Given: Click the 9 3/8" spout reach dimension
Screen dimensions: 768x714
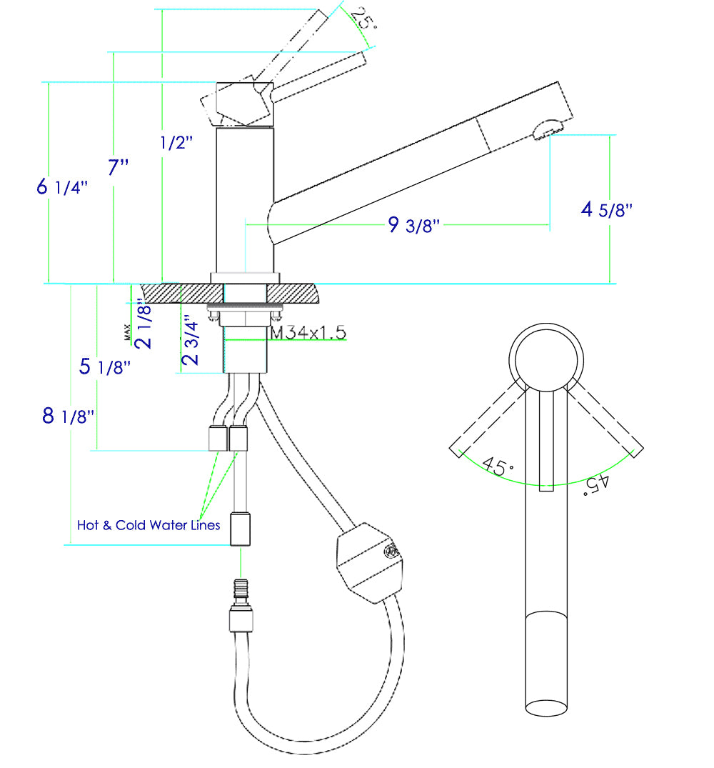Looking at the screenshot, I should click(413, 226).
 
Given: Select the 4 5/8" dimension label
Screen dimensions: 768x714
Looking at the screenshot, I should click(607, 209).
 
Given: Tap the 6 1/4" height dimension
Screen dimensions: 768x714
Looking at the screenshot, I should click(62, 187).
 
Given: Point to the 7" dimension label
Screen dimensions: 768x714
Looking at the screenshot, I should click(119, 168).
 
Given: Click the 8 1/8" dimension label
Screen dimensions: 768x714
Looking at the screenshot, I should click(69, 416).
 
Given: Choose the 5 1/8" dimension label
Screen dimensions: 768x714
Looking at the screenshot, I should click(105, 367).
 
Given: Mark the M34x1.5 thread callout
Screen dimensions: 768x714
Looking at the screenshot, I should click(308, 333).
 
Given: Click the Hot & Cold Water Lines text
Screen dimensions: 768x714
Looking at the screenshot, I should click(149, 525).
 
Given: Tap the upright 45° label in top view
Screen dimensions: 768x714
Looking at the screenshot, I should click(498, 467).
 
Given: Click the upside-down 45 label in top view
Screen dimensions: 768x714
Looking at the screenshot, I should click(595, 484).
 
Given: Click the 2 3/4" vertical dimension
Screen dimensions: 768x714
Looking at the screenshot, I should click(190, 340).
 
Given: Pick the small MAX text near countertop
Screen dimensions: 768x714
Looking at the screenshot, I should click(127, 331).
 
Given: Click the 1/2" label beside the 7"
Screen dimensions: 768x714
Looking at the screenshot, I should click(176, 143).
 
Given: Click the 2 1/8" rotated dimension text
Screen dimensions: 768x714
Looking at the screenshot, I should click(144, 325).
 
